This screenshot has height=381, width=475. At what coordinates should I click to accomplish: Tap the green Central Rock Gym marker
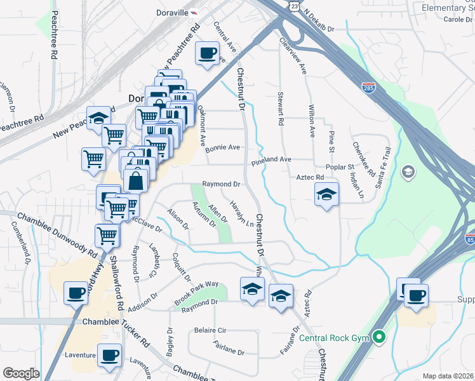[x=380, y=337]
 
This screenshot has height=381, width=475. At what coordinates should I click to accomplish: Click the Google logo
[x=21, y=373]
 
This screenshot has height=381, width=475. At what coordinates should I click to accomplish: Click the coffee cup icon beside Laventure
[x=110, y=356]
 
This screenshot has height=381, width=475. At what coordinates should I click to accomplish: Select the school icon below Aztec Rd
[x=326, y=194]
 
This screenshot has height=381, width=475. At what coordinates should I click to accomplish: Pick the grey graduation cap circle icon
[x=408, y=171]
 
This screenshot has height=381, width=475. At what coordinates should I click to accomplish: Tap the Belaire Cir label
[x=210, y=331]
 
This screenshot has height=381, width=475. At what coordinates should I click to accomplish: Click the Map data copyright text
[x=448, y=376]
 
